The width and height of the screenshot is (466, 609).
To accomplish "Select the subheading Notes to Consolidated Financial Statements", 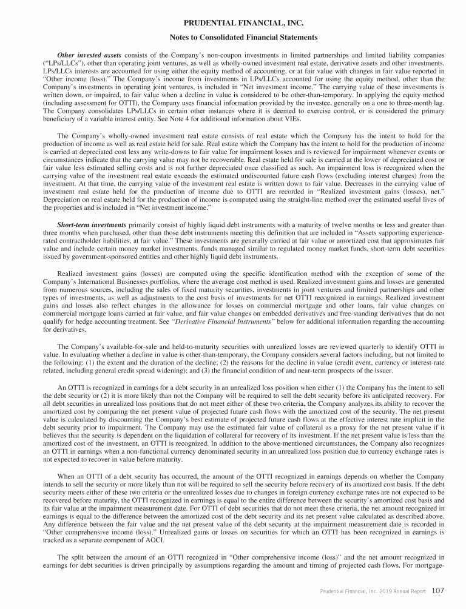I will [x=233, y=37].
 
